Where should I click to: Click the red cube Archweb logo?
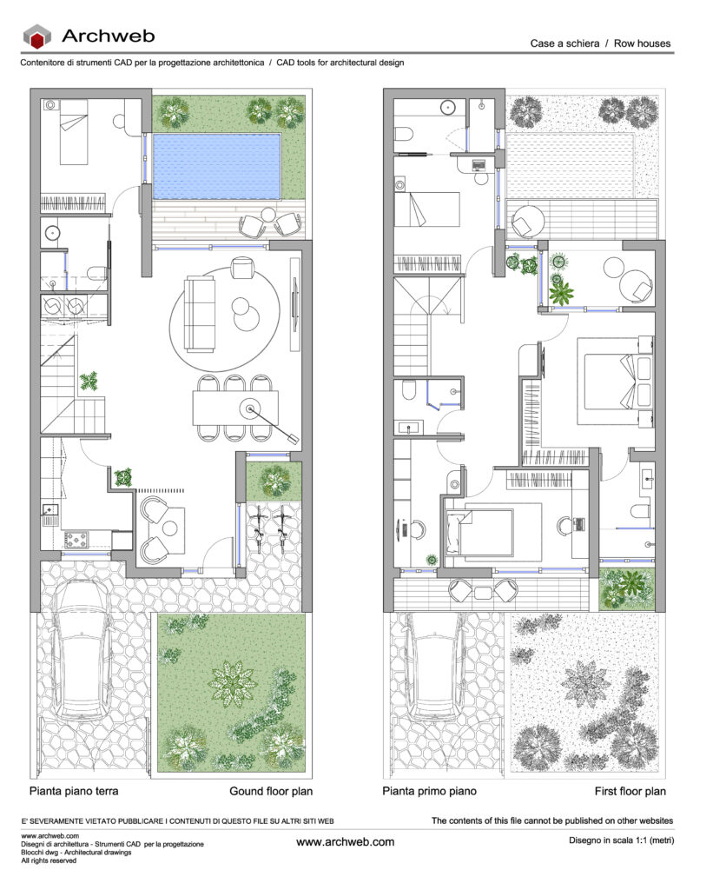[x=36, y=37]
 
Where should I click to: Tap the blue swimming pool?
[x=217, y=166]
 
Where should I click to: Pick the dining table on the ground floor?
[x=234, y=408]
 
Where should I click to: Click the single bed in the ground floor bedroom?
[x=74, y=132]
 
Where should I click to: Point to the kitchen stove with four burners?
[x=76, y=539]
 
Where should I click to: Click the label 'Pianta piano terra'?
[x=74, y=791]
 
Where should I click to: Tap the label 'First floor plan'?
[x=630, y=791]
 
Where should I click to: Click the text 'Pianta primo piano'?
[x=429, y=791]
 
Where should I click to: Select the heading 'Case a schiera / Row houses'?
[x=600, y=43]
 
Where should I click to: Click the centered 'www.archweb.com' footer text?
[x=346, y=841]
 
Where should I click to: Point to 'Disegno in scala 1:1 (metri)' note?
[x=622, y=840]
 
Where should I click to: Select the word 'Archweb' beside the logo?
[x=109, y=36]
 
